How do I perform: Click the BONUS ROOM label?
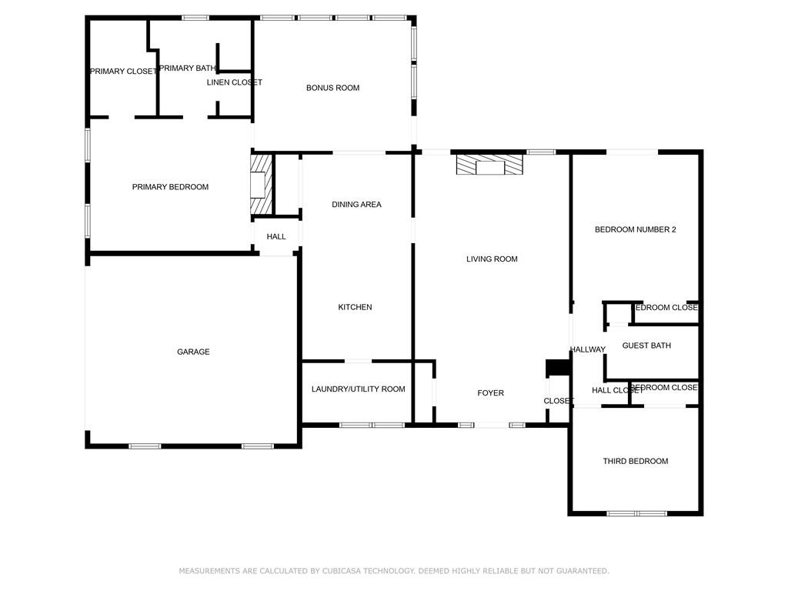[x=332, y=88]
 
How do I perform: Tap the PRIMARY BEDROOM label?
[x=170, y=187]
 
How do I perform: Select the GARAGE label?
[x=193, y=352]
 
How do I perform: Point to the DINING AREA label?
[x=356, y=205]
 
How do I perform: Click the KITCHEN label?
[x=355, y=307]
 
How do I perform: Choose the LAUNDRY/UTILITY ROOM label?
[x=358, y=389]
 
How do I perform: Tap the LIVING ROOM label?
[x=492, y=259]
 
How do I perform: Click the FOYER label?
[x=490, y=393]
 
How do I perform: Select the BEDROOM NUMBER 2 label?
[x=635, y=229]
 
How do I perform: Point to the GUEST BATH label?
[x=646, y=346]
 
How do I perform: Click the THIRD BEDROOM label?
[x=635, y=461]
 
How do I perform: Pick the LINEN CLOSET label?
[x=234, y=82]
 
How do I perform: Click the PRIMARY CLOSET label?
[x=123, y=72]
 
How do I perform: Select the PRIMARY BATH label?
[x=187, y=68]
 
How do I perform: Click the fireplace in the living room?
[x=489, y=166]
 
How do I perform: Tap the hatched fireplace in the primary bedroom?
[x=261, y=185]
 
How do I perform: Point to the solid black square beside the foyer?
[x=555, y=368]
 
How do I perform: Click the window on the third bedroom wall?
[x=636, y=513]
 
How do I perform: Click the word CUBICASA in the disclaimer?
[x=343, y=571]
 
